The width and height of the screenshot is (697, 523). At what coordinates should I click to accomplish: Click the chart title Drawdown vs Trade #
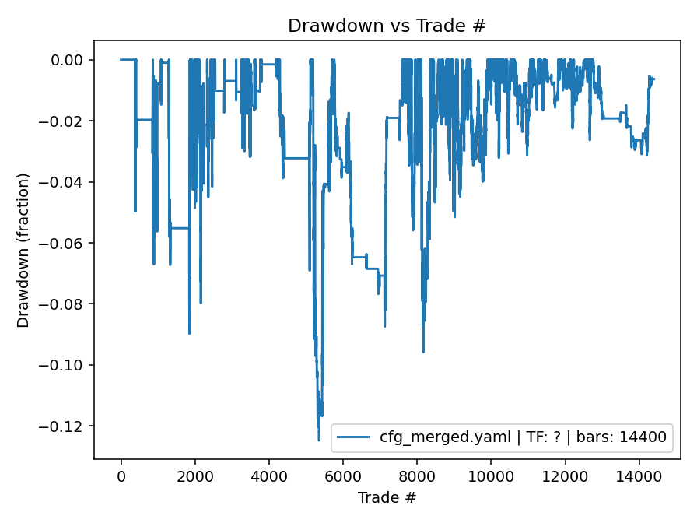click(x=387, y=26)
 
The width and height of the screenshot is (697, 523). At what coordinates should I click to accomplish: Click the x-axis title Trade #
click(x=387, y=497)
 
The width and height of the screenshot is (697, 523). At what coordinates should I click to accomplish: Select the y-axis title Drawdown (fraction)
click(x=24, y=251)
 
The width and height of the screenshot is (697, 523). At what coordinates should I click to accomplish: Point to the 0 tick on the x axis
click(x=121, y=475)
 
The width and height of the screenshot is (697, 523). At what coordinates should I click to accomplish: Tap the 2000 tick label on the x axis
click(x=194, y=475)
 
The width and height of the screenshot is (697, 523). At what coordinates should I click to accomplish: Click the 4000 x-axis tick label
click(x=269, y=475)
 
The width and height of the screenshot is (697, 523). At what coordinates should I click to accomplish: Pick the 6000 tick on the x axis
click(x=343, y=475)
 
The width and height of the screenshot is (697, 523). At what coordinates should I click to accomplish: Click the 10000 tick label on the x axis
click(x=491, y=475)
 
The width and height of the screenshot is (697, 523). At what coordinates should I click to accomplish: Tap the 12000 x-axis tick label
click(x=565, y=475)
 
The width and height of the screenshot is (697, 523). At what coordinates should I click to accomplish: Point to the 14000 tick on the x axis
click(x=639, y=475)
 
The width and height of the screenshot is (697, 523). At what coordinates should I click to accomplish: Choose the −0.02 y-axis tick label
click(x=66, y=121)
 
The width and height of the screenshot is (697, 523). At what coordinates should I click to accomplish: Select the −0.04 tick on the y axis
click(x=66, y=182)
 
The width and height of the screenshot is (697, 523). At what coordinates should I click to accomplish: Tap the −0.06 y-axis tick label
click(x=66, y=243)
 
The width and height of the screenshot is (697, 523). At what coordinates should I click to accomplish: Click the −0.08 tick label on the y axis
click(x=66, y=304)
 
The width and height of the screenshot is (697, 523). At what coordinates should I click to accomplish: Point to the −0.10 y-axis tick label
click(x=66, y=365)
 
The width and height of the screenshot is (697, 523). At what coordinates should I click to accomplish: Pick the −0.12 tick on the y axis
click(x=66, y=426)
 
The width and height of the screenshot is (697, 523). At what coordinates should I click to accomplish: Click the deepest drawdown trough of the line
click(x=319, y=440)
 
